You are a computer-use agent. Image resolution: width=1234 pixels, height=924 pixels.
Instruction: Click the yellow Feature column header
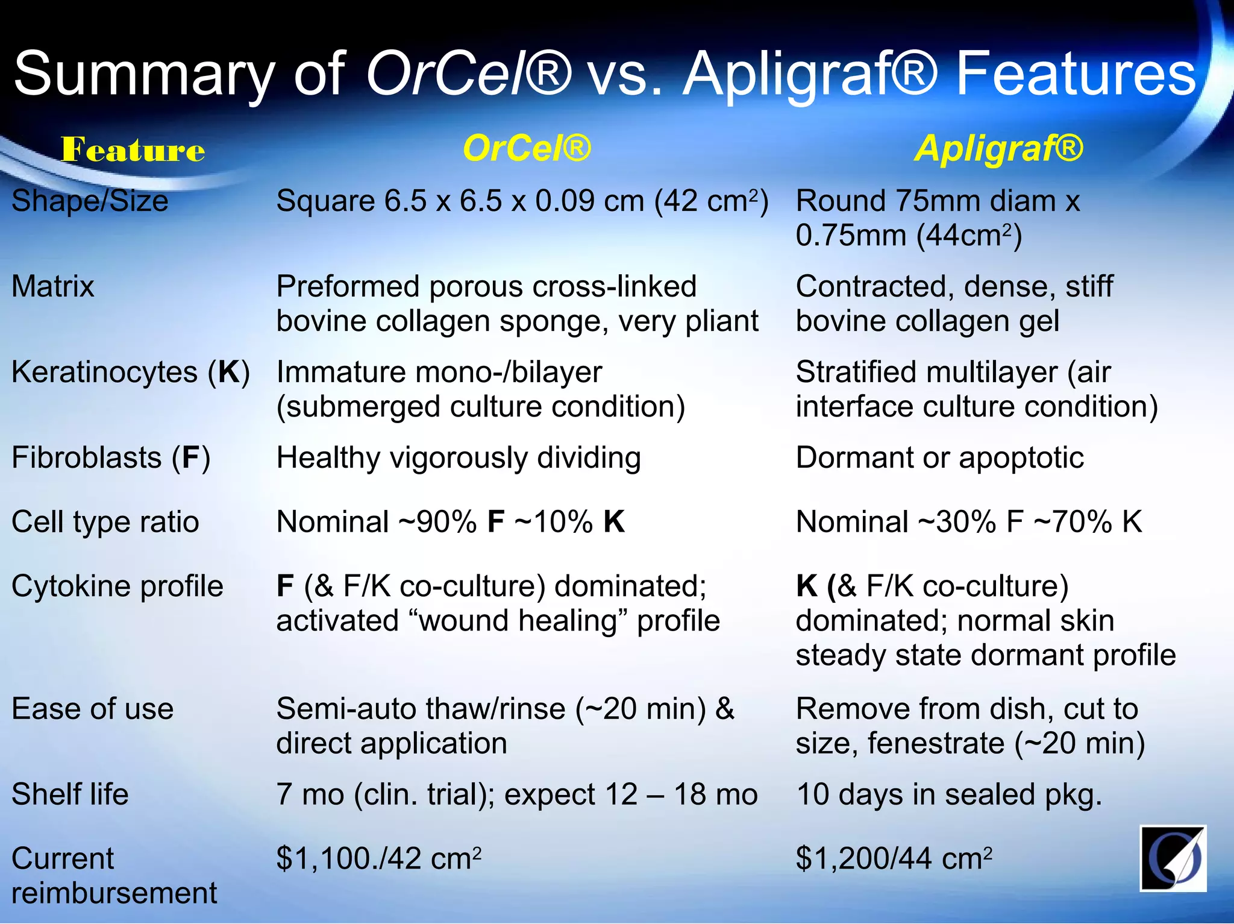click(133, 149)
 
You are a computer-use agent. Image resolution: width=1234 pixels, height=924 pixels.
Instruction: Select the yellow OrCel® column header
click(527, 148)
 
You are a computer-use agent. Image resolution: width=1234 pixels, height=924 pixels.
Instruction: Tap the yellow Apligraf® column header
click(998, 148)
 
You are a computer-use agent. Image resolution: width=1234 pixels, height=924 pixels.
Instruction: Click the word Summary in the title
click(144, 75)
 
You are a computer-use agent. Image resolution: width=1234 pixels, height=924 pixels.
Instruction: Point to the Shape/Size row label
click(90, 201)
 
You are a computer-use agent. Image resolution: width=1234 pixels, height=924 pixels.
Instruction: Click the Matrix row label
click(53, 286)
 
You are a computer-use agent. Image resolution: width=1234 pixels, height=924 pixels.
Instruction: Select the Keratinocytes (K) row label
click(130, 372)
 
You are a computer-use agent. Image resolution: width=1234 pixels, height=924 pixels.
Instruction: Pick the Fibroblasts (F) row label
click(111, 457)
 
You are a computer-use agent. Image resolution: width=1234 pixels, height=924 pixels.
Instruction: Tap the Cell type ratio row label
click(105, 521)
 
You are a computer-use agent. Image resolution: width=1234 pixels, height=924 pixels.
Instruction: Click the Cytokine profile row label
click(117, 586)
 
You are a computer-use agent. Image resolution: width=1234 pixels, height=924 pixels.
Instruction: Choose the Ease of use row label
click(92, 709)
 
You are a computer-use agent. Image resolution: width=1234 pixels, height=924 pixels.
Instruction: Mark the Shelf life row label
click(70, 794)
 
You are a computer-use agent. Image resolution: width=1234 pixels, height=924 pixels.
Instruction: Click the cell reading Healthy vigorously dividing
click(458, 457)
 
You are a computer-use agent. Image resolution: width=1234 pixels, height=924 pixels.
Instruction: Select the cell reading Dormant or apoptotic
click(939, 457)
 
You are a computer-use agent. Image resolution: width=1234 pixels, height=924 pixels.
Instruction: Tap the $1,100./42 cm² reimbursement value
click(378, 858)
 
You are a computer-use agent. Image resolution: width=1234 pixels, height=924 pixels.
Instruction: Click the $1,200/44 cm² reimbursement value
click(893, 858)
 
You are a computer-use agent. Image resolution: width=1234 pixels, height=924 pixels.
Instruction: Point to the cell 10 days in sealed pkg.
click(948, 794)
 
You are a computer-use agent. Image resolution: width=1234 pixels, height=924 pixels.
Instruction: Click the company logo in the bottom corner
click(1173, 858)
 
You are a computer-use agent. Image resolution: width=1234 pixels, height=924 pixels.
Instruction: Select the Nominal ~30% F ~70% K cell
click(968, 521)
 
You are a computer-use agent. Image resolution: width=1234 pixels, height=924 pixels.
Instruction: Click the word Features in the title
click(1076, 75)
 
